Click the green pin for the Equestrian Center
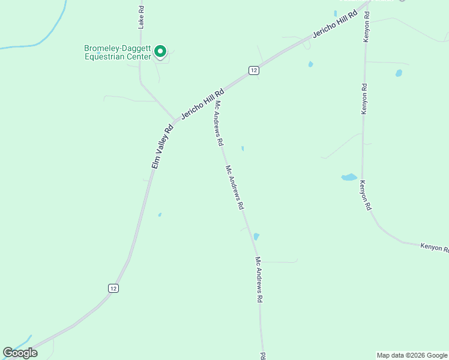click(160, 52)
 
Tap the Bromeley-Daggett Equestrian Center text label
click(118, 53)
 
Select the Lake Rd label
click(142, 17)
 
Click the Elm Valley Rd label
click(162, 146)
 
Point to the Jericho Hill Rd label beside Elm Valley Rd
click(203, 103)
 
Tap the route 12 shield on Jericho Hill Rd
click(254, 70)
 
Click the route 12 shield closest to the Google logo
click(113, 289)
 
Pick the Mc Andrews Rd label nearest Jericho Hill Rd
click(219, 124)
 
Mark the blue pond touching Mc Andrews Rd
click(256, 236)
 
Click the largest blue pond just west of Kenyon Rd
click(349, 177)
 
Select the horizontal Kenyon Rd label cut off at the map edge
click(434, 247)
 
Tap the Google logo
click(20, 353)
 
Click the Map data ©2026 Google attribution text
click(412, 355)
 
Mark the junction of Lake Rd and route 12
click(174, 119)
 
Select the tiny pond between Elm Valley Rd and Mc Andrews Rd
click(160, 214)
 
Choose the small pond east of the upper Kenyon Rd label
click(399, 73)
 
